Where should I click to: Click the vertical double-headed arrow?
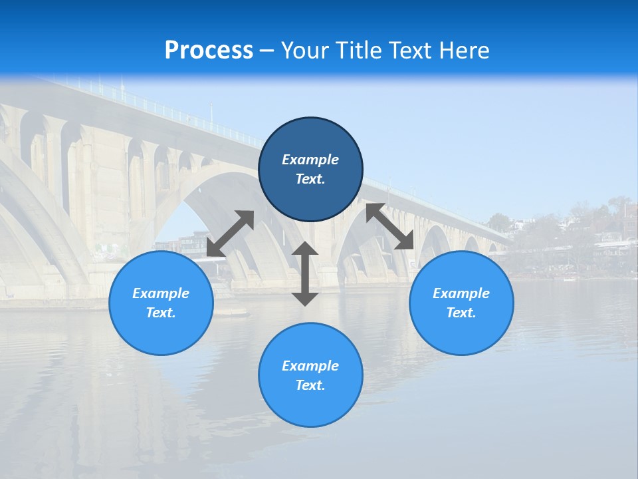tap(305, 274)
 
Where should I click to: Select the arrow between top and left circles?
tap(231, 234)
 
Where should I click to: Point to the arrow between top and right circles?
tap(389, 226)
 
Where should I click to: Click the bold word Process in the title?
tap(209, 50)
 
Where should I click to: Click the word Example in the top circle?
tap(310, 160)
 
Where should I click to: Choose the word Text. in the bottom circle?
tap(310, 385)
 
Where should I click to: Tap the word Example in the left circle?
tap(161, 293)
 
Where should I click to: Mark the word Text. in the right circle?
tap(461, 313)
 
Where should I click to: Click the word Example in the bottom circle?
tap(310, 366)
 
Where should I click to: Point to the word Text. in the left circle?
tap(161, 313)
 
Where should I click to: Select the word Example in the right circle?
tap(461, 293)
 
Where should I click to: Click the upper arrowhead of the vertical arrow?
tap(305, 249)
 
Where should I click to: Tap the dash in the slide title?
tap(267, 51)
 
